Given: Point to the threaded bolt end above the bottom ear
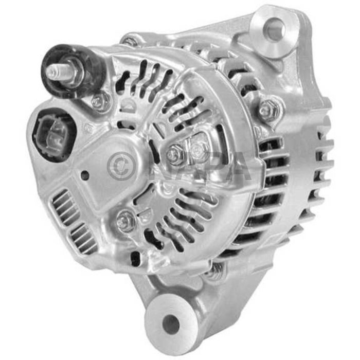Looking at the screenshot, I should pos(216,269).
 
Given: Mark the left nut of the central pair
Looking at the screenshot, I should pos(176,153).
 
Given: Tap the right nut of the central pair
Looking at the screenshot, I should pos(199,151).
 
